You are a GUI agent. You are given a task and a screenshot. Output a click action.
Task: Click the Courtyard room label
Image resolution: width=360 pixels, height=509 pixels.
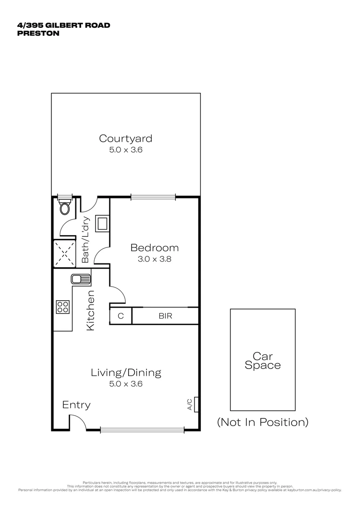(x=125, y=139)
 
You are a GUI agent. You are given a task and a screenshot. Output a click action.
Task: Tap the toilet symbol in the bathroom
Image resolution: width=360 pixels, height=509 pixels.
(x=65, y=207)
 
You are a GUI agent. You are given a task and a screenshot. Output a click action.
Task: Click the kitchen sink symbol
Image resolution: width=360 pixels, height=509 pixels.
(x=81, y=279)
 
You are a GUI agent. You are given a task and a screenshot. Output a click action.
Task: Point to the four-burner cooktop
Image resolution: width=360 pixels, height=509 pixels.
(x=63, y=307)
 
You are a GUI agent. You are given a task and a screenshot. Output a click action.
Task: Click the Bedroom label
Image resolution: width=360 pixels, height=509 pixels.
(x=155, y=248)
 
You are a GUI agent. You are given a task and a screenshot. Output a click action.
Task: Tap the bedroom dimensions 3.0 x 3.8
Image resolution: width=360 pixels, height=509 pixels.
(x=155, y=259)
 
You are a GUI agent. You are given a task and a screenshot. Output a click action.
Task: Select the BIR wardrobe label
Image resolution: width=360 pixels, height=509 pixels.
(x=165, y=316)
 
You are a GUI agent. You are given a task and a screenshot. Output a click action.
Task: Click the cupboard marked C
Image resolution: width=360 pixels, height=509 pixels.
(x=121, y=316)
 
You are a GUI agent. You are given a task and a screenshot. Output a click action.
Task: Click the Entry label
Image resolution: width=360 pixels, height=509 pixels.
(x=76, y=405)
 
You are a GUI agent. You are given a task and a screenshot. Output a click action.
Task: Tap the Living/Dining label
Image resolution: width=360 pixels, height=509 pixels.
(x=126, y=373)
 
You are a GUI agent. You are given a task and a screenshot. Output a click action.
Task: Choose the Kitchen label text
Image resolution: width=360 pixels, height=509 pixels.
(x=90, y=310)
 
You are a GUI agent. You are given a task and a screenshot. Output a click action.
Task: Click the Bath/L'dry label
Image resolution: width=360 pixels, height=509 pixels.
(x=86, y=240)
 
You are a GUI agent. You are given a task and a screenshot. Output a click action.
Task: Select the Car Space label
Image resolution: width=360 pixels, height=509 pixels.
(x=263, y=361)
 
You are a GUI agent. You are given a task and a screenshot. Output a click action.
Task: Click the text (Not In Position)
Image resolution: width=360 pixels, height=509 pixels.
(x=262, y=422)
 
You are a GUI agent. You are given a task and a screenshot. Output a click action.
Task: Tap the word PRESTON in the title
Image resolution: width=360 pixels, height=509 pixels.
(x=38, y=33)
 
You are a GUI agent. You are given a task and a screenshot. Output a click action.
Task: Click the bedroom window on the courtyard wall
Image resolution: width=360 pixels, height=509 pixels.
(x=153, y=197)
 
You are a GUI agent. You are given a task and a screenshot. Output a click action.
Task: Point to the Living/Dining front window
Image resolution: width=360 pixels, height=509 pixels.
(x=142, y=429)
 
